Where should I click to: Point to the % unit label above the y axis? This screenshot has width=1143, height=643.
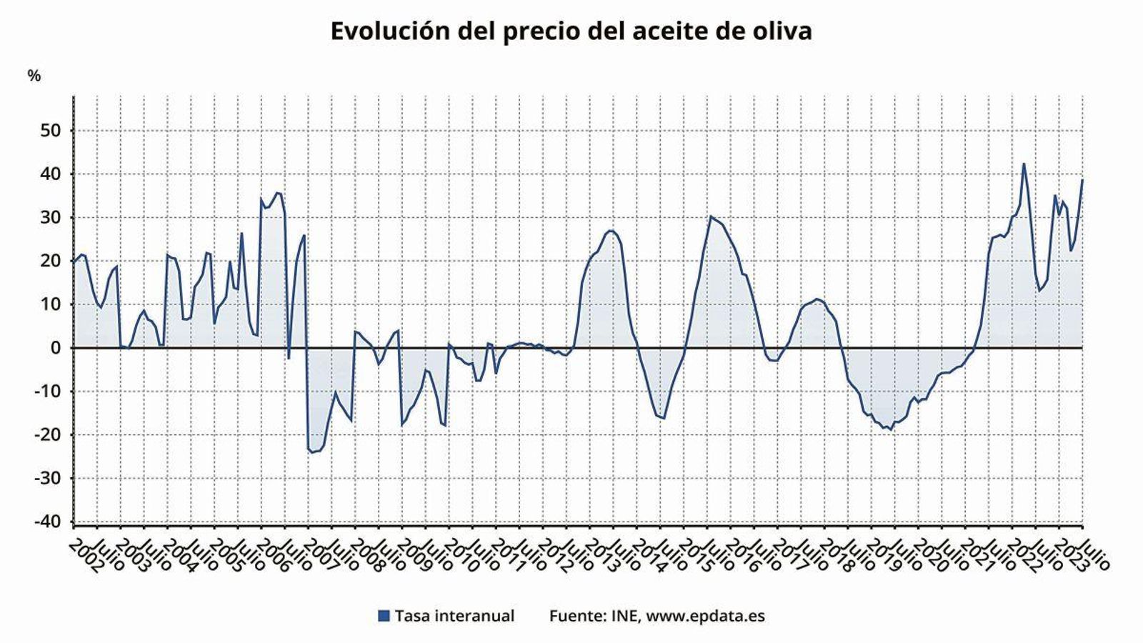pyautogui.click(x=34, y=76)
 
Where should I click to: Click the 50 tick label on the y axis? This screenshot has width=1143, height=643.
pyautogui.click(x=52, y=131)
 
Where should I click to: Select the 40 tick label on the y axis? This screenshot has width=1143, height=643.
pyautogui.click(x=52, y=174)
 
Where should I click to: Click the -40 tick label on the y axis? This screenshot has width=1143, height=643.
pyautogui.click(x=49, y=522)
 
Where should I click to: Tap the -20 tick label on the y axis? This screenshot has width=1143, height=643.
pyautogui.click(x=49, y=435)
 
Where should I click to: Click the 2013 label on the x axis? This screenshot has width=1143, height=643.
pyautogui.click(x=602, y=557)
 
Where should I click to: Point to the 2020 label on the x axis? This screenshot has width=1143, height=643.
pyautogui.click(x=929, y=557)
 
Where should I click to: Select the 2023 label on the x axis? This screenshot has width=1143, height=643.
pyautogui.click(x=1070, y=557)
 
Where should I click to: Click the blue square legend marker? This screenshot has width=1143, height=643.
pyautogui.click(x=384, y=616)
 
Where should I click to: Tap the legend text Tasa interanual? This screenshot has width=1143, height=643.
pyautogui.click(x=454, y=616)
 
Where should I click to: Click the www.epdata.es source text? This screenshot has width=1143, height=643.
pyautogui.click(x=705, y=616)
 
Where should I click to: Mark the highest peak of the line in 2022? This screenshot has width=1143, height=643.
pyautogui.click(x=1023, y=164)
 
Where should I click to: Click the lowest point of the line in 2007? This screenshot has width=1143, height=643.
pyautogui.click(x=311, y=452)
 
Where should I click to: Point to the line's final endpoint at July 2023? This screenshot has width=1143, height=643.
pyautogui.click(x=1082, y=180)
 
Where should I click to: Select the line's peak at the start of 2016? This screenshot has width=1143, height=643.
pyautogui.click(x=710, y=216)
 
